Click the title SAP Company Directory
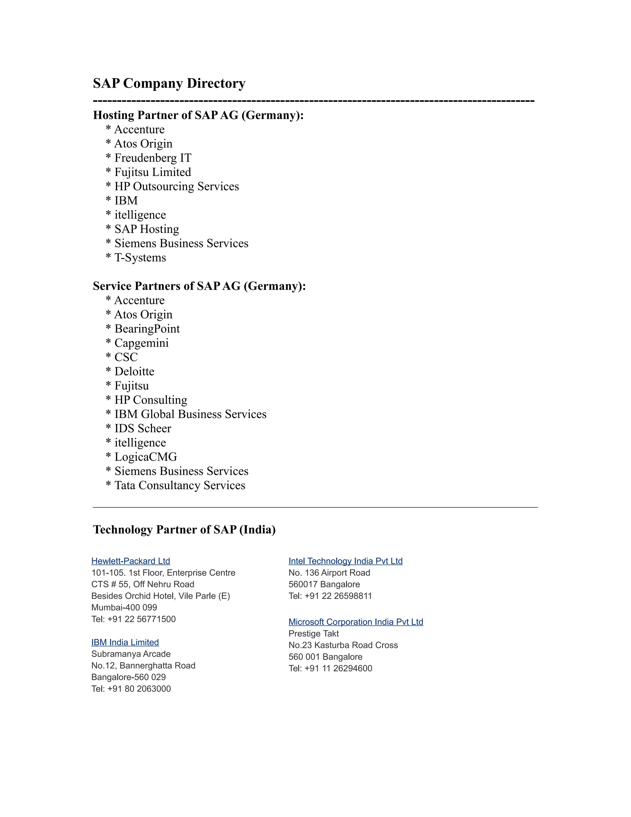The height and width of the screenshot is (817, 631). coord(169,83)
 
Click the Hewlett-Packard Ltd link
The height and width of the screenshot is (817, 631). coord(130,561)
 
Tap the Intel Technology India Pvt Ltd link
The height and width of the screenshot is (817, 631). coord(345,561)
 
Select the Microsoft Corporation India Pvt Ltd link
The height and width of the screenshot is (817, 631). coord(356,622)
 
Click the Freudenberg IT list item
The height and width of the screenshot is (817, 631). coord(153,158)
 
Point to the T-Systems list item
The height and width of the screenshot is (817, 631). coord(140,257)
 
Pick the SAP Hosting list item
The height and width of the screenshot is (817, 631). coord(147,229)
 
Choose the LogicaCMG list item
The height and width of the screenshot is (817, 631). coord(145,457)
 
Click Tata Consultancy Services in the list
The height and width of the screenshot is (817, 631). coord(179,485)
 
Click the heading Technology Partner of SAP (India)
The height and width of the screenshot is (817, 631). coord(184,529)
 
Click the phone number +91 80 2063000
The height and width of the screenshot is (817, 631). coord(139,689)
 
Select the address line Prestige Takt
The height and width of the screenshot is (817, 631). coord(314,633)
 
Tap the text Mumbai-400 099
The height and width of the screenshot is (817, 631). coord(124,608)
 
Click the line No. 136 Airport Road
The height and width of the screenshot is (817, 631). coord(329,573)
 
